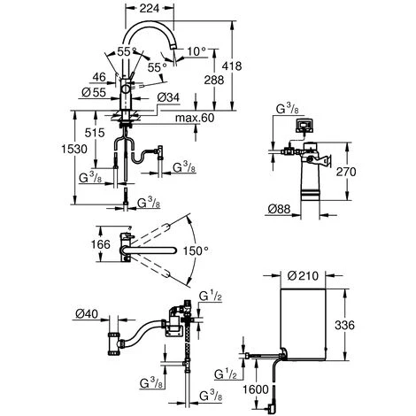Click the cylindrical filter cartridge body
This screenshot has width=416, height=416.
point(309,189)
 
